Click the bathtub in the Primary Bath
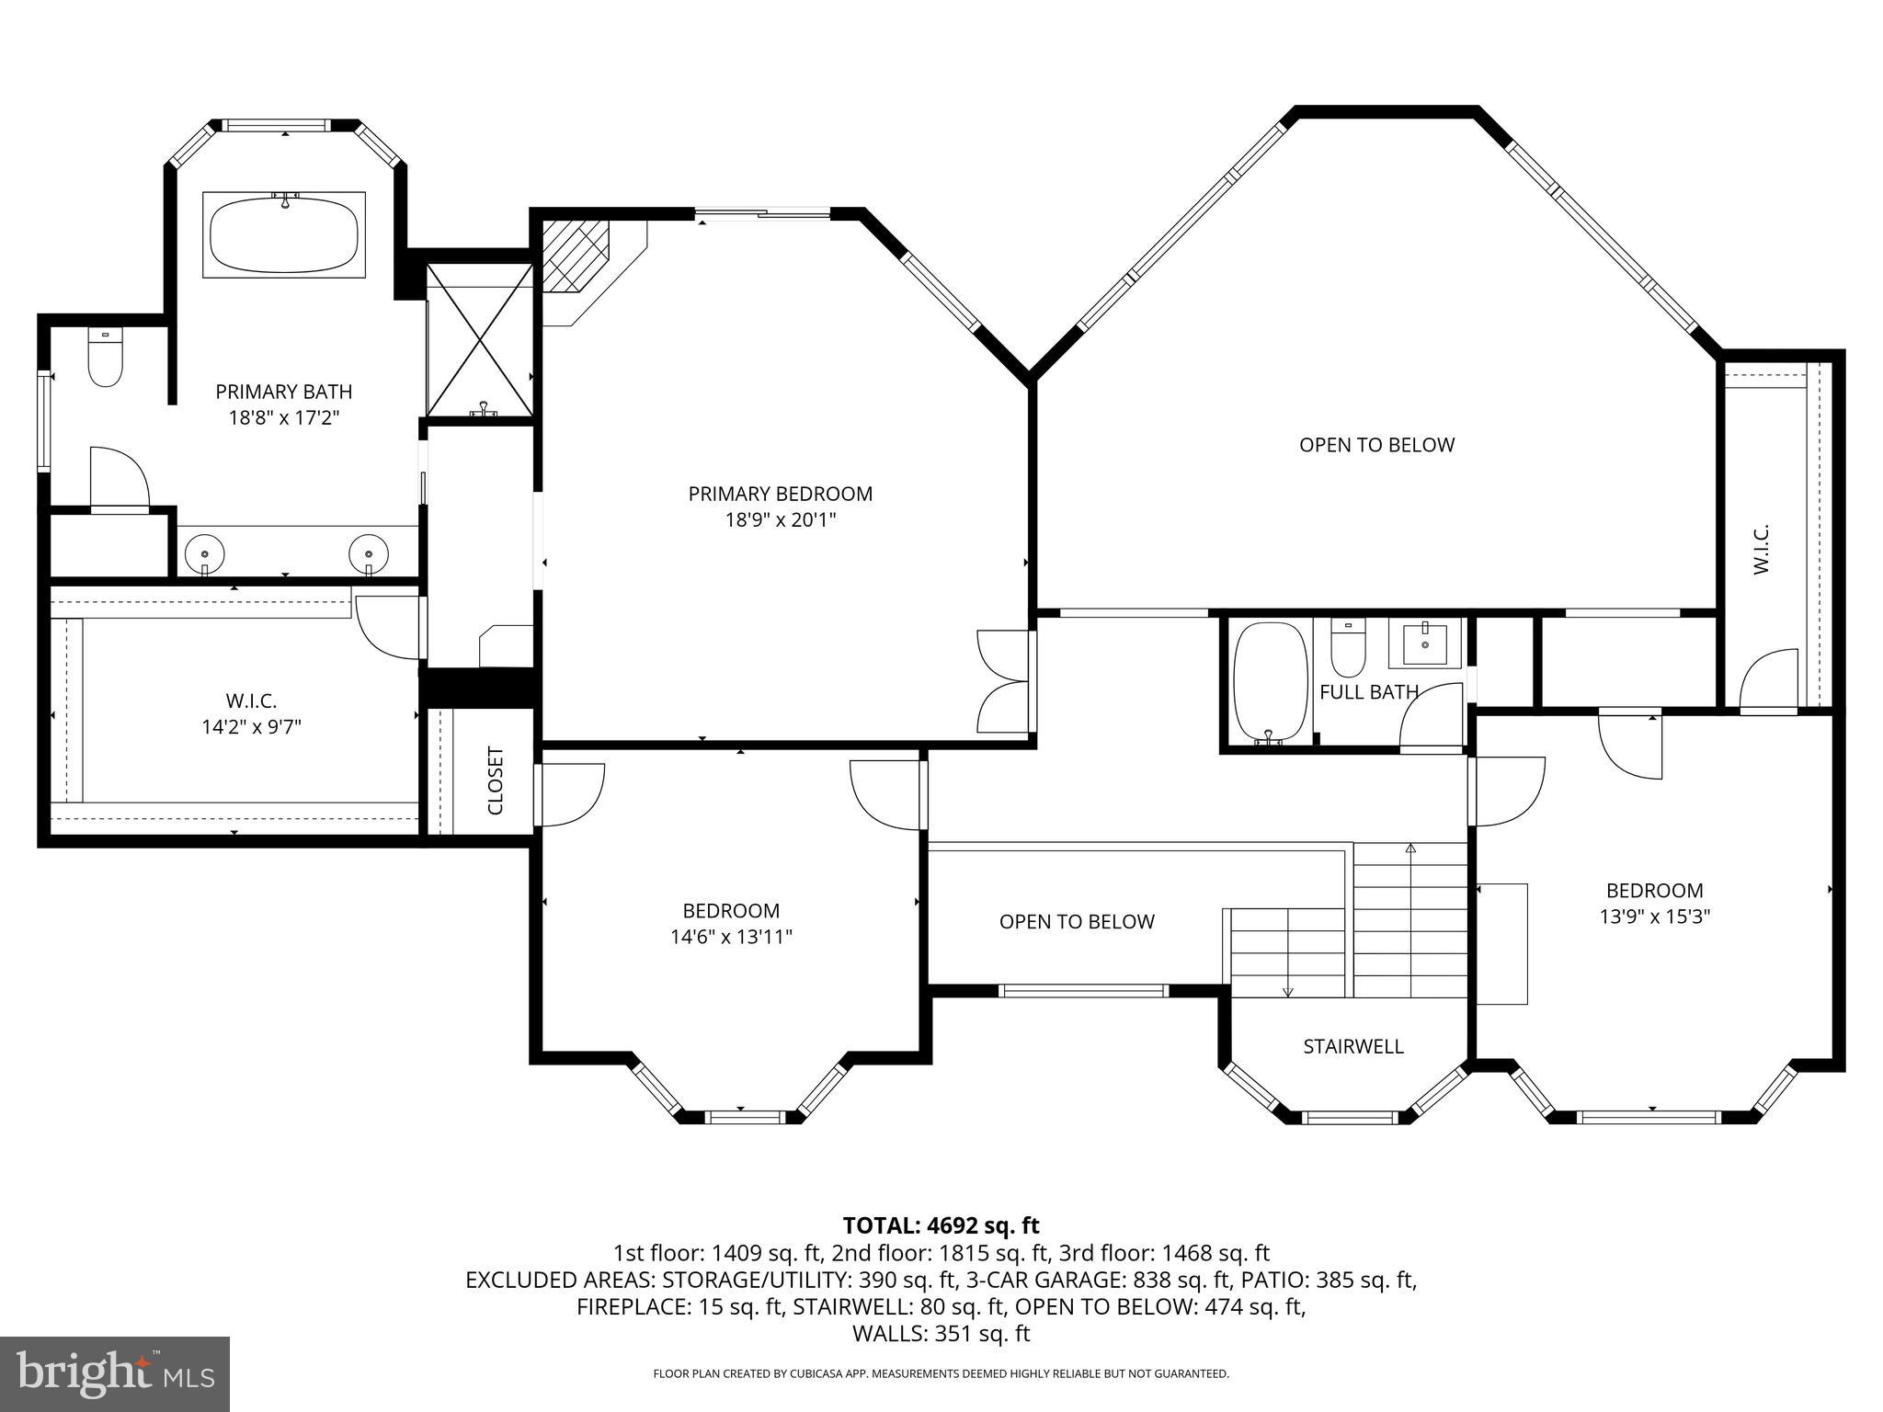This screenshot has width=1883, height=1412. point(283,235)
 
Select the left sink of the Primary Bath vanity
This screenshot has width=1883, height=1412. point(204,553)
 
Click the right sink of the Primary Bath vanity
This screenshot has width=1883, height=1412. point(368,553)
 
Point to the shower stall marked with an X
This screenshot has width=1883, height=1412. point(480,340)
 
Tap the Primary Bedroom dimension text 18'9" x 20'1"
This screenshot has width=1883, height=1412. point(780,520)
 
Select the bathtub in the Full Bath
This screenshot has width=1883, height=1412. point(1270,682)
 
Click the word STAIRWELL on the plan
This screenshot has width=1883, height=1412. point(1352,1046)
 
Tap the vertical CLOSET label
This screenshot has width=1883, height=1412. point(496,780)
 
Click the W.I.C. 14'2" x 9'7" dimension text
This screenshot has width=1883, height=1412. point(251,727)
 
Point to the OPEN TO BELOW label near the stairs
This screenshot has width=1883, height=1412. point(1077,921)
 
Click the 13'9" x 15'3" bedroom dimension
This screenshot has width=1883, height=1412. point(1654,917)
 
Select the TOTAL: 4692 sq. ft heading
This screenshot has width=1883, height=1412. point(941,1225)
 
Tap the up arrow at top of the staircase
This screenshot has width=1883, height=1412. point(1410,848)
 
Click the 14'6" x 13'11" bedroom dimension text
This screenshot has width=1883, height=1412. point(731,937)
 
